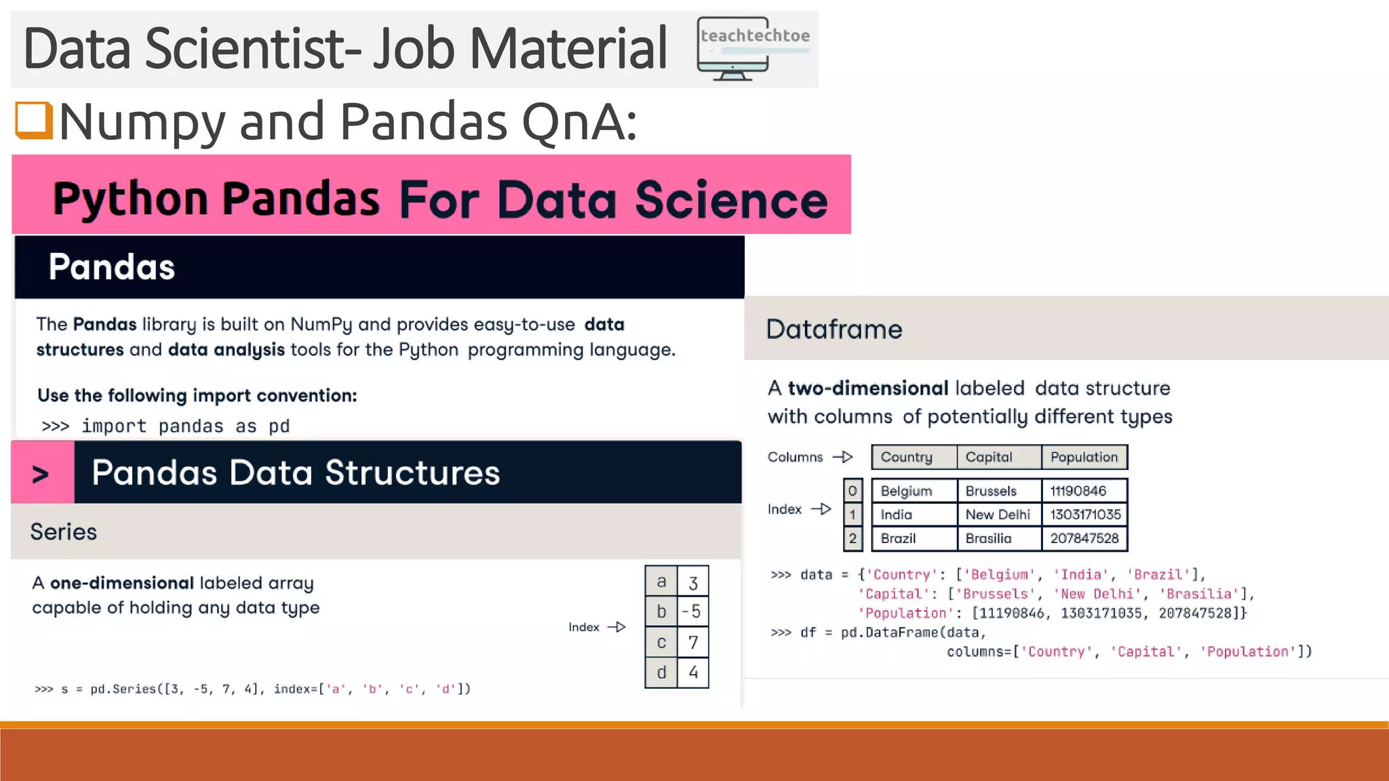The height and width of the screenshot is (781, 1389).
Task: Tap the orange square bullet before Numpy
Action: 34,120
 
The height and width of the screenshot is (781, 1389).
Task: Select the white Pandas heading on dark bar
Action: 112,267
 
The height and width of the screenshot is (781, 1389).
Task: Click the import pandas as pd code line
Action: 165,426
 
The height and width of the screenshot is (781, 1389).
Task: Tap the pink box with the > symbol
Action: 42,473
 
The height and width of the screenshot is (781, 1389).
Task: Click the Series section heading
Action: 64,532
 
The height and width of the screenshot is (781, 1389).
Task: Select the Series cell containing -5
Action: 692,612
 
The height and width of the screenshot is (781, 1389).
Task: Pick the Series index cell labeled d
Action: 661,673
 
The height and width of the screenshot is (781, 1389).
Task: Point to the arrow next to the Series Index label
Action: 617,627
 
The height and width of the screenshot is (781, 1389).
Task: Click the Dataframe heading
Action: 834,329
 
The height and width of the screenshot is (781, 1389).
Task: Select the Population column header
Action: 1084,458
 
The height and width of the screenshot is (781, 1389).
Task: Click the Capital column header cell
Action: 998,458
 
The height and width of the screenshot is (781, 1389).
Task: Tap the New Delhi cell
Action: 998,515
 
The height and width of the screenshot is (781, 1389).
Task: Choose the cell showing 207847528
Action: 1084,538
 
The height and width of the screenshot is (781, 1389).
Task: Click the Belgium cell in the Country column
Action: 913,491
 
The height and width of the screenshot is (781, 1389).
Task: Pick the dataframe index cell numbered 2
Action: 853,538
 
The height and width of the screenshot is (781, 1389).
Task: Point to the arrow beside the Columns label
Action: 843,458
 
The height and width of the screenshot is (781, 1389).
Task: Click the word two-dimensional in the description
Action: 867,388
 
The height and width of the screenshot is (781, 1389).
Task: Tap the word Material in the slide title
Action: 568,49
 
